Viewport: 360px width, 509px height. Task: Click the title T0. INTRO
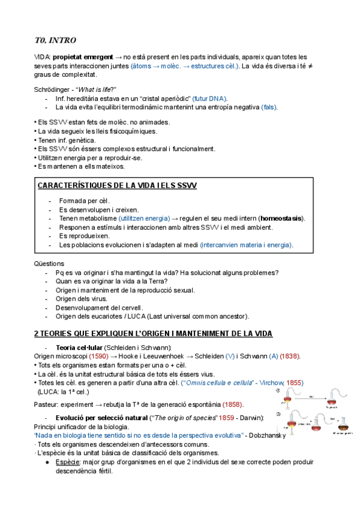tap(56, 41)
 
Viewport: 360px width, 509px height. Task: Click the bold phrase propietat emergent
tap(80, 56)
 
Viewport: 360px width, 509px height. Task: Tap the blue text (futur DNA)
tap(210, 98)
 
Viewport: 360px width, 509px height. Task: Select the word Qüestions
tap(50, 263)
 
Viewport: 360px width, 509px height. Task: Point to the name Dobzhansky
tap(263, 435)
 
